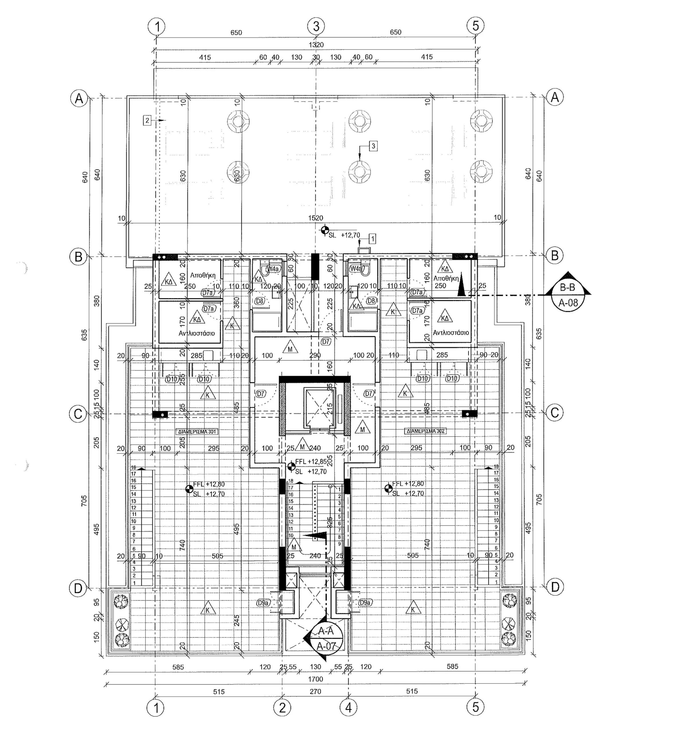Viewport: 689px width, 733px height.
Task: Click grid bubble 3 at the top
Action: pos(316,26)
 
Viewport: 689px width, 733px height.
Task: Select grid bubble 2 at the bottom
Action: pos(282,707)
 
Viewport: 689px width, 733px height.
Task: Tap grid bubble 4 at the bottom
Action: pos(349,707)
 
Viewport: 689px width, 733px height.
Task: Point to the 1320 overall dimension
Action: pos(316,45)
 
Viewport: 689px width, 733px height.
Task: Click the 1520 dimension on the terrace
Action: pos(316,218)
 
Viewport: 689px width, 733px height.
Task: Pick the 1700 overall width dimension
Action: pos(315,679)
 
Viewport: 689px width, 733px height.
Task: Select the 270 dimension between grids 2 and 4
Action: pos(315,691)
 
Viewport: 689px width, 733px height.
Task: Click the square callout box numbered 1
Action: pos(372,239)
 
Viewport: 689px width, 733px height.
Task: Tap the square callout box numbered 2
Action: pos(148,120)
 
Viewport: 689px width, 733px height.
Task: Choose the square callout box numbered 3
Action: pos(373,146)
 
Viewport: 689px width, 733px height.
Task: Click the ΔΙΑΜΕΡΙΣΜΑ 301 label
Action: pos(197,431)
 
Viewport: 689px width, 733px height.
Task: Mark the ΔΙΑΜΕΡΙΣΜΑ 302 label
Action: pos(425,431)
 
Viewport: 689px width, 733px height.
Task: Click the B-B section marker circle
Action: pos(568,295)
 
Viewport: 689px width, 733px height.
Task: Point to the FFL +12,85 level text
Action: pos(311,462)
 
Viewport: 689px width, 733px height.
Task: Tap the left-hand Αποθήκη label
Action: pos(203,275)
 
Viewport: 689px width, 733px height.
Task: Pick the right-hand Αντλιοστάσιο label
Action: pos(451,333)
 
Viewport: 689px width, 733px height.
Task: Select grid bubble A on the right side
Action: pos(555,97)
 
